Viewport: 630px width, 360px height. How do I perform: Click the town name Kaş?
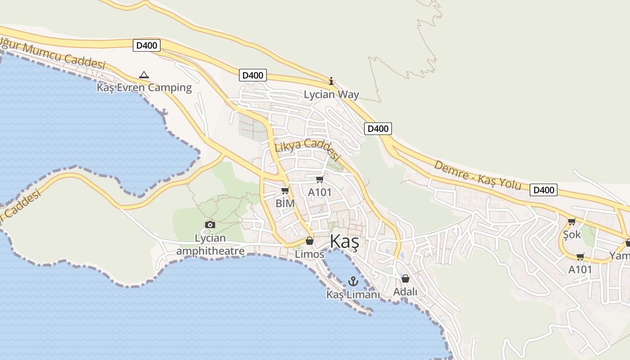tap(344, 242)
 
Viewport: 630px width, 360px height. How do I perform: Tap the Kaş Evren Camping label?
tap(144, 87)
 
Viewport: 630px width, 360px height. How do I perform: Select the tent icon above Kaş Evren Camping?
tap(144, 75)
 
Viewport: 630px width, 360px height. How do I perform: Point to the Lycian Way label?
tap(331, 94)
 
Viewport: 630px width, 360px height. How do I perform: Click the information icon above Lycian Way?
tap(331, 81)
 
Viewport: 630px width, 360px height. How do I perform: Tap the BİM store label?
tap(285, 203)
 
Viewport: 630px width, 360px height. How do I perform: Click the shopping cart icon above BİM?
tap(284, 191)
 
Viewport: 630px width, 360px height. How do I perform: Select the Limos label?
tap(309, 254)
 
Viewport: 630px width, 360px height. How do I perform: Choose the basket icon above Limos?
tap(309, 241)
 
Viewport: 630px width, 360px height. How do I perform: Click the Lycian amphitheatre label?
tap(210, 244)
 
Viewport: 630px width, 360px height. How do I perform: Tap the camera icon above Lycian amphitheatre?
tap(210, 225)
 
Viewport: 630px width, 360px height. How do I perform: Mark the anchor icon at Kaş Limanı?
tap(353, 282)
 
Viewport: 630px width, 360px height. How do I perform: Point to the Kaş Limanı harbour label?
tap(353, 295)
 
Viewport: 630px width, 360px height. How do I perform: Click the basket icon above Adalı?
tap(405, 279)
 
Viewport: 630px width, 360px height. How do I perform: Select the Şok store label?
tap(572, 234)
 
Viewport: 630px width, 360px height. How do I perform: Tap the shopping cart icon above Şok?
tap(571, 221)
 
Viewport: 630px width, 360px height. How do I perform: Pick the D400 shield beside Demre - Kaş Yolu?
tap(543, 190)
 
